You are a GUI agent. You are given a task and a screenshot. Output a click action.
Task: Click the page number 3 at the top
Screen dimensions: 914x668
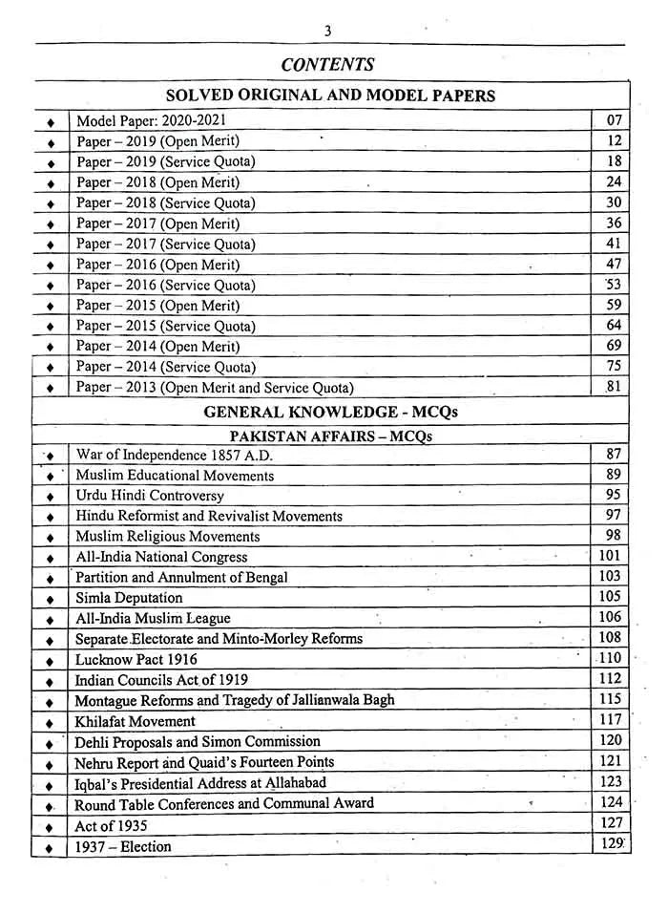coord(327,31)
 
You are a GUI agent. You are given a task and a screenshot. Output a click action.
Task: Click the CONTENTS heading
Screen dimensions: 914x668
coord(327,65)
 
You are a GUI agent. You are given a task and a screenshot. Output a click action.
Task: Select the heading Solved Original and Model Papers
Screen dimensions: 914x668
coord(330,96)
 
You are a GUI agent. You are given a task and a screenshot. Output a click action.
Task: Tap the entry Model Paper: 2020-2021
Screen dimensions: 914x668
coord(152,120)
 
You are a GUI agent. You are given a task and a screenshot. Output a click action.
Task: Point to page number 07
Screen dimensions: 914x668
coord(614,120)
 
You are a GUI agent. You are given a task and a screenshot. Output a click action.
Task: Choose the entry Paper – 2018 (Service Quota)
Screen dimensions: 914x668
coord(166,202)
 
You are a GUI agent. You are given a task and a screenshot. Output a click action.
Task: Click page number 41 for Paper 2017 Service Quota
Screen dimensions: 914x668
coord(614,244)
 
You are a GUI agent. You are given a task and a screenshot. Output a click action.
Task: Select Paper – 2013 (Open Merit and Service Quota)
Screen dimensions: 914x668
coord(215,388)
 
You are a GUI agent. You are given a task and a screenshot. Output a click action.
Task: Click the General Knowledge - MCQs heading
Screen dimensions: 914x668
coord(330,412)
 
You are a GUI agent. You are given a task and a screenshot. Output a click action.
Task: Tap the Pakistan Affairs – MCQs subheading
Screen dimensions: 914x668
coord(330,435)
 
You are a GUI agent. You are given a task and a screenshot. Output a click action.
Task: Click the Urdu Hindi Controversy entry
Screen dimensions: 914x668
coord(150,496)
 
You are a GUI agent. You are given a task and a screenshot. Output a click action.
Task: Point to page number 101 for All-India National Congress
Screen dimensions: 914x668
coord(611,556)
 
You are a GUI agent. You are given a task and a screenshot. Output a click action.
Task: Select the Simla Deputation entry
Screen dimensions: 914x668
coord(129,598)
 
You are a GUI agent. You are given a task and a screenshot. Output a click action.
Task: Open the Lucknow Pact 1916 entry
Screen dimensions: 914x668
coord(136,659)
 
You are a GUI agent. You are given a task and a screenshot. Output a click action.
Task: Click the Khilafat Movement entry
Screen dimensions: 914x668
coord(135,721)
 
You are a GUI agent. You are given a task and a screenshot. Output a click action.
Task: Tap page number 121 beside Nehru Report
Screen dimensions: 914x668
coord(611,761)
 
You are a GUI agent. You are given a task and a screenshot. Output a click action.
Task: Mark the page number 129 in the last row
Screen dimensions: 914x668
coord(611,844)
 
